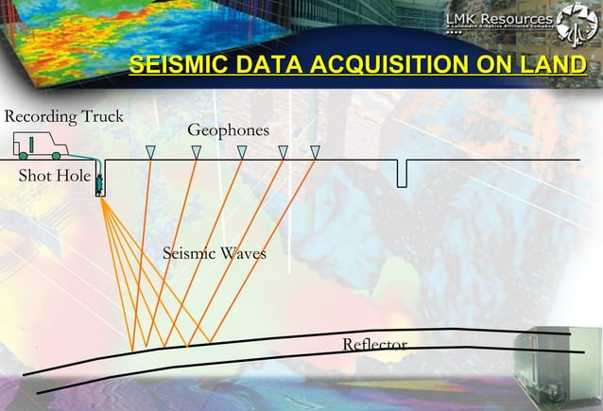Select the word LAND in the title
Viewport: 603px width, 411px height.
[555, 65]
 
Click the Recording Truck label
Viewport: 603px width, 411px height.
[64, 116]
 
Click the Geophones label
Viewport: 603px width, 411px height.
[228, 129]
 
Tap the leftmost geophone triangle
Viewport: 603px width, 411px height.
[150, 152]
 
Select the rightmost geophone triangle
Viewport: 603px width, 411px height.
[316, 152]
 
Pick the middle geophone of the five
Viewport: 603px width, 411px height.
[242, 152]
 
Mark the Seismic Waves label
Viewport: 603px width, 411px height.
[215, 253]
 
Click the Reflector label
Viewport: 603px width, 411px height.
[374, 344]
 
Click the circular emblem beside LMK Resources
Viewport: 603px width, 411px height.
[577, 25]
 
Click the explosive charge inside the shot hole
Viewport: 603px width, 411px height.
[99, 187]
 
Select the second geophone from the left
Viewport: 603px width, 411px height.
[197, 152]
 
